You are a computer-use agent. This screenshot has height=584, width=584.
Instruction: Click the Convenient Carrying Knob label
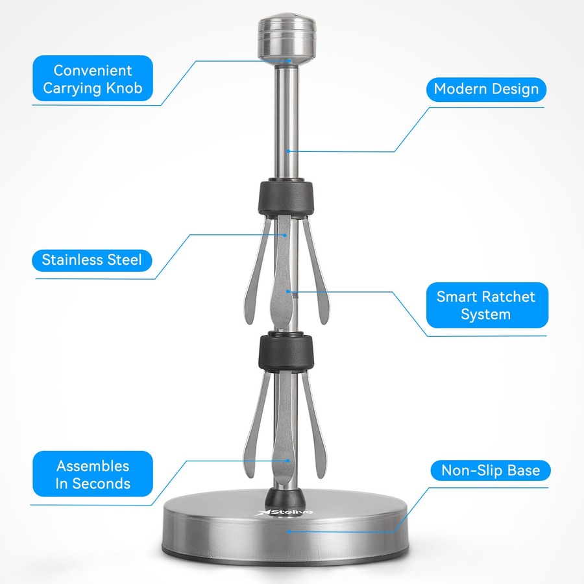[x=93, y=79]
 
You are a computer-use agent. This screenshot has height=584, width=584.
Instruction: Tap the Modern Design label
[x=486, y=90]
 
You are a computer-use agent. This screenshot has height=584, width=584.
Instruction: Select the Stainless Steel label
[x=92, y=260]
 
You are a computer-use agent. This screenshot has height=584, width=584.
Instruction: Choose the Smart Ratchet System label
[x=487, y=305]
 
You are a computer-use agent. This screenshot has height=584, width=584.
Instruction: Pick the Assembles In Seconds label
[x=93, y=474]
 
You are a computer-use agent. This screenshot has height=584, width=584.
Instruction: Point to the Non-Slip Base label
[x=491, y=470]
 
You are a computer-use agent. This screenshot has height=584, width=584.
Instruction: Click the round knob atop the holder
[x=287, y=39]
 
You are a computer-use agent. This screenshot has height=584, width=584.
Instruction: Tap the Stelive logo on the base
[x=286, y=512]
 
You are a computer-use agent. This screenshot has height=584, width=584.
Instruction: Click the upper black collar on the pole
[x=286, y=197]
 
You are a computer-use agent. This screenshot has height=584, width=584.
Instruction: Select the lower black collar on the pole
[x=286, y=353]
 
